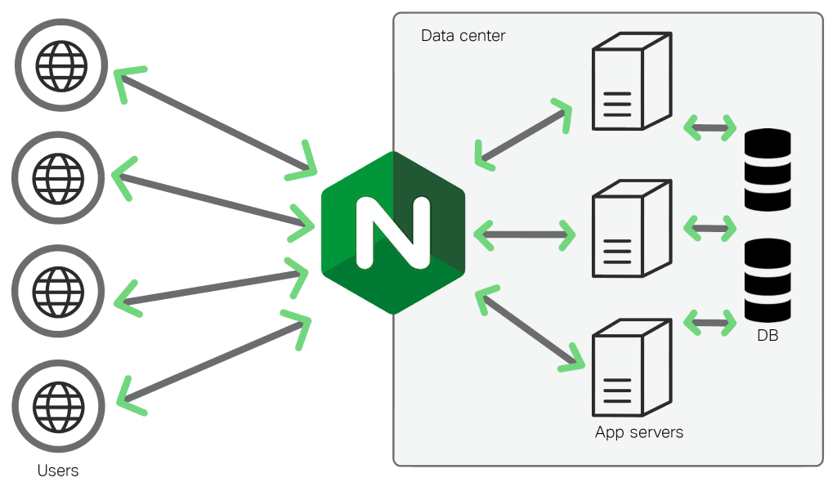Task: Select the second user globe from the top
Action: tap(58, 176)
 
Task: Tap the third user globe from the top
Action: tap(58, 290)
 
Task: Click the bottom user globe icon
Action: tap(58, 404)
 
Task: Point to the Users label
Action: tap(58, 471)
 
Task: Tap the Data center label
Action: tap(463, 36)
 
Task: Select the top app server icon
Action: tap(630, 81)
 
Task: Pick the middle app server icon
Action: tap(630, 229)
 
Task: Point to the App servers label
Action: tap(638, 431)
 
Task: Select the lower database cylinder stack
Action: tap(768, 279)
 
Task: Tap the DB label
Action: tap(768, 334)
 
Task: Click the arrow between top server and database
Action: tap(709, 127)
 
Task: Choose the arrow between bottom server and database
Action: tap(709, 321)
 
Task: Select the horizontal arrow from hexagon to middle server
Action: tap(524, 235)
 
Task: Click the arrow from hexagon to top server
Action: tap(524, 132)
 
